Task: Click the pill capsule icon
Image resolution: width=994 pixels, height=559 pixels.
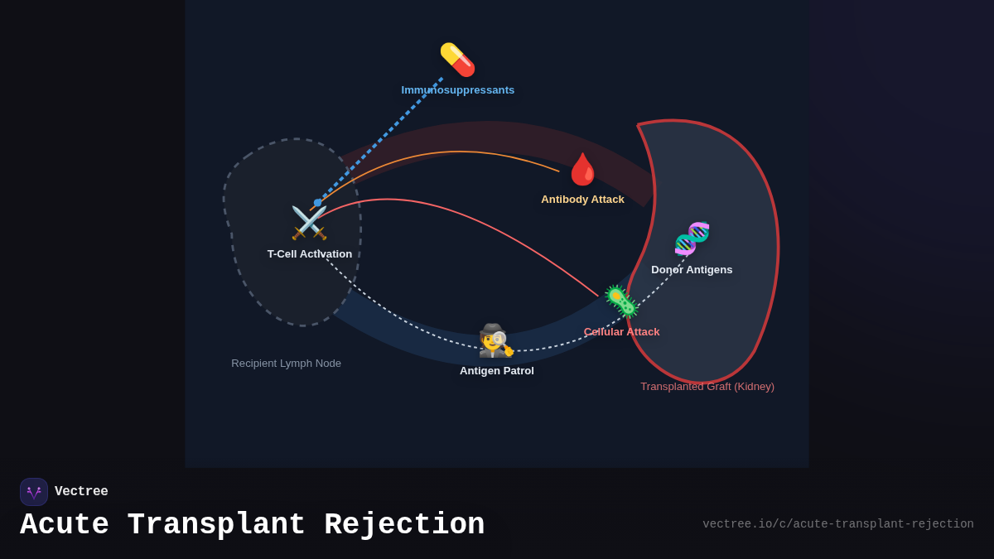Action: tap(457, 60)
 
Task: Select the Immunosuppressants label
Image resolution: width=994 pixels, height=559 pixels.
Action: tap(458, 90)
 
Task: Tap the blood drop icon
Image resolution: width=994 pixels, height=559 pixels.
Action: tap(582, 169)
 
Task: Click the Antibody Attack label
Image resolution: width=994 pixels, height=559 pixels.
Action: tap(582, 200)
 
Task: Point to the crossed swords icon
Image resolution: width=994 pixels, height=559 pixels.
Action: tap(309, 223)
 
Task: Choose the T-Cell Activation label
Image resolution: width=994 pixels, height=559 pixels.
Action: tap(310, 254)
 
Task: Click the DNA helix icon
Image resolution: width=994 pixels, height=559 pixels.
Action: tap(692, 239)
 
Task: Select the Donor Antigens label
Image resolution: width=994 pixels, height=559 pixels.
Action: tap(692, 270)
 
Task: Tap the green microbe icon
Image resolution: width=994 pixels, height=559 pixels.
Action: tap(620, 301)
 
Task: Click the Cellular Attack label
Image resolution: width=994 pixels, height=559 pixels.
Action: tap(621, 332)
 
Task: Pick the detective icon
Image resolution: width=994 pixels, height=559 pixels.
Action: tap(495, 340)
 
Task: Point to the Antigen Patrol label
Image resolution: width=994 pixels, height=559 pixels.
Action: tap(497, 371)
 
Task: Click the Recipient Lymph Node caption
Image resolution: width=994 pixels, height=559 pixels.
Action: tap(286, 364)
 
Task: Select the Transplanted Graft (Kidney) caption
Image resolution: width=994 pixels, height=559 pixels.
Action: tap(707, 387)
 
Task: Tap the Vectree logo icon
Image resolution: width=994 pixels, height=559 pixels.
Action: tap(34, 492)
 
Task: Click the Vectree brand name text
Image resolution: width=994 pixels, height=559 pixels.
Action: tap(81, 492)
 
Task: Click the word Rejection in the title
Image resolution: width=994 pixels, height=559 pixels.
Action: tap(404, 525)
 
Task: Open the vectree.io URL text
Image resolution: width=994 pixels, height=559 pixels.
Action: tap(837, 524)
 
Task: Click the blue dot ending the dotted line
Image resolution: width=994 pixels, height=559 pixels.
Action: tap(317, 203)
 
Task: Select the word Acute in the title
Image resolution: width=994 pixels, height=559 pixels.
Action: tap(65, 525)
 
